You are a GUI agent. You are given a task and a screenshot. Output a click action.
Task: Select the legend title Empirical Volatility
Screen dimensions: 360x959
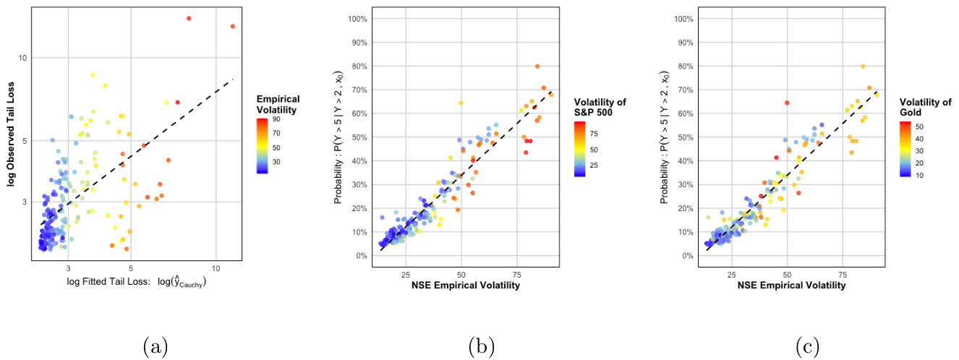278,105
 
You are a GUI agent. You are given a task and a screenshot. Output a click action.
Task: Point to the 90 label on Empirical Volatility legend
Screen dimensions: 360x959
276,119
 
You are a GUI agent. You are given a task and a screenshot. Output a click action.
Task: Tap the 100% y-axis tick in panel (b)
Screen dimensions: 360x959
356,19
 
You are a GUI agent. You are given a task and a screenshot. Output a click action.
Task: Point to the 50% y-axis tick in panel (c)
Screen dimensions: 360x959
683,137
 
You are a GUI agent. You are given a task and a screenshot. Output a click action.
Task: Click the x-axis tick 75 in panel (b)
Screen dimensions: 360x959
517,274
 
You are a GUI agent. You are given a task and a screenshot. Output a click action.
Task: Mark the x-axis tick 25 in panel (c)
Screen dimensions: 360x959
732,274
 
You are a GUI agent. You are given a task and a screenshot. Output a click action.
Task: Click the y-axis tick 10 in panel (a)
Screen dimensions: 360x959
22,58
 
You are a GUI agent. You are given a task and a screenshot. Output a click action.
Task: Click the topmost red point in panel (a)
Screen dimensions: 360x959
189,18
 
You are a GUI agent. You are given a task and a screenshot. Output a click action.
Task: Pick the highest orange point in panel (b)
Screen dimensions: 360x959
537,66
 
